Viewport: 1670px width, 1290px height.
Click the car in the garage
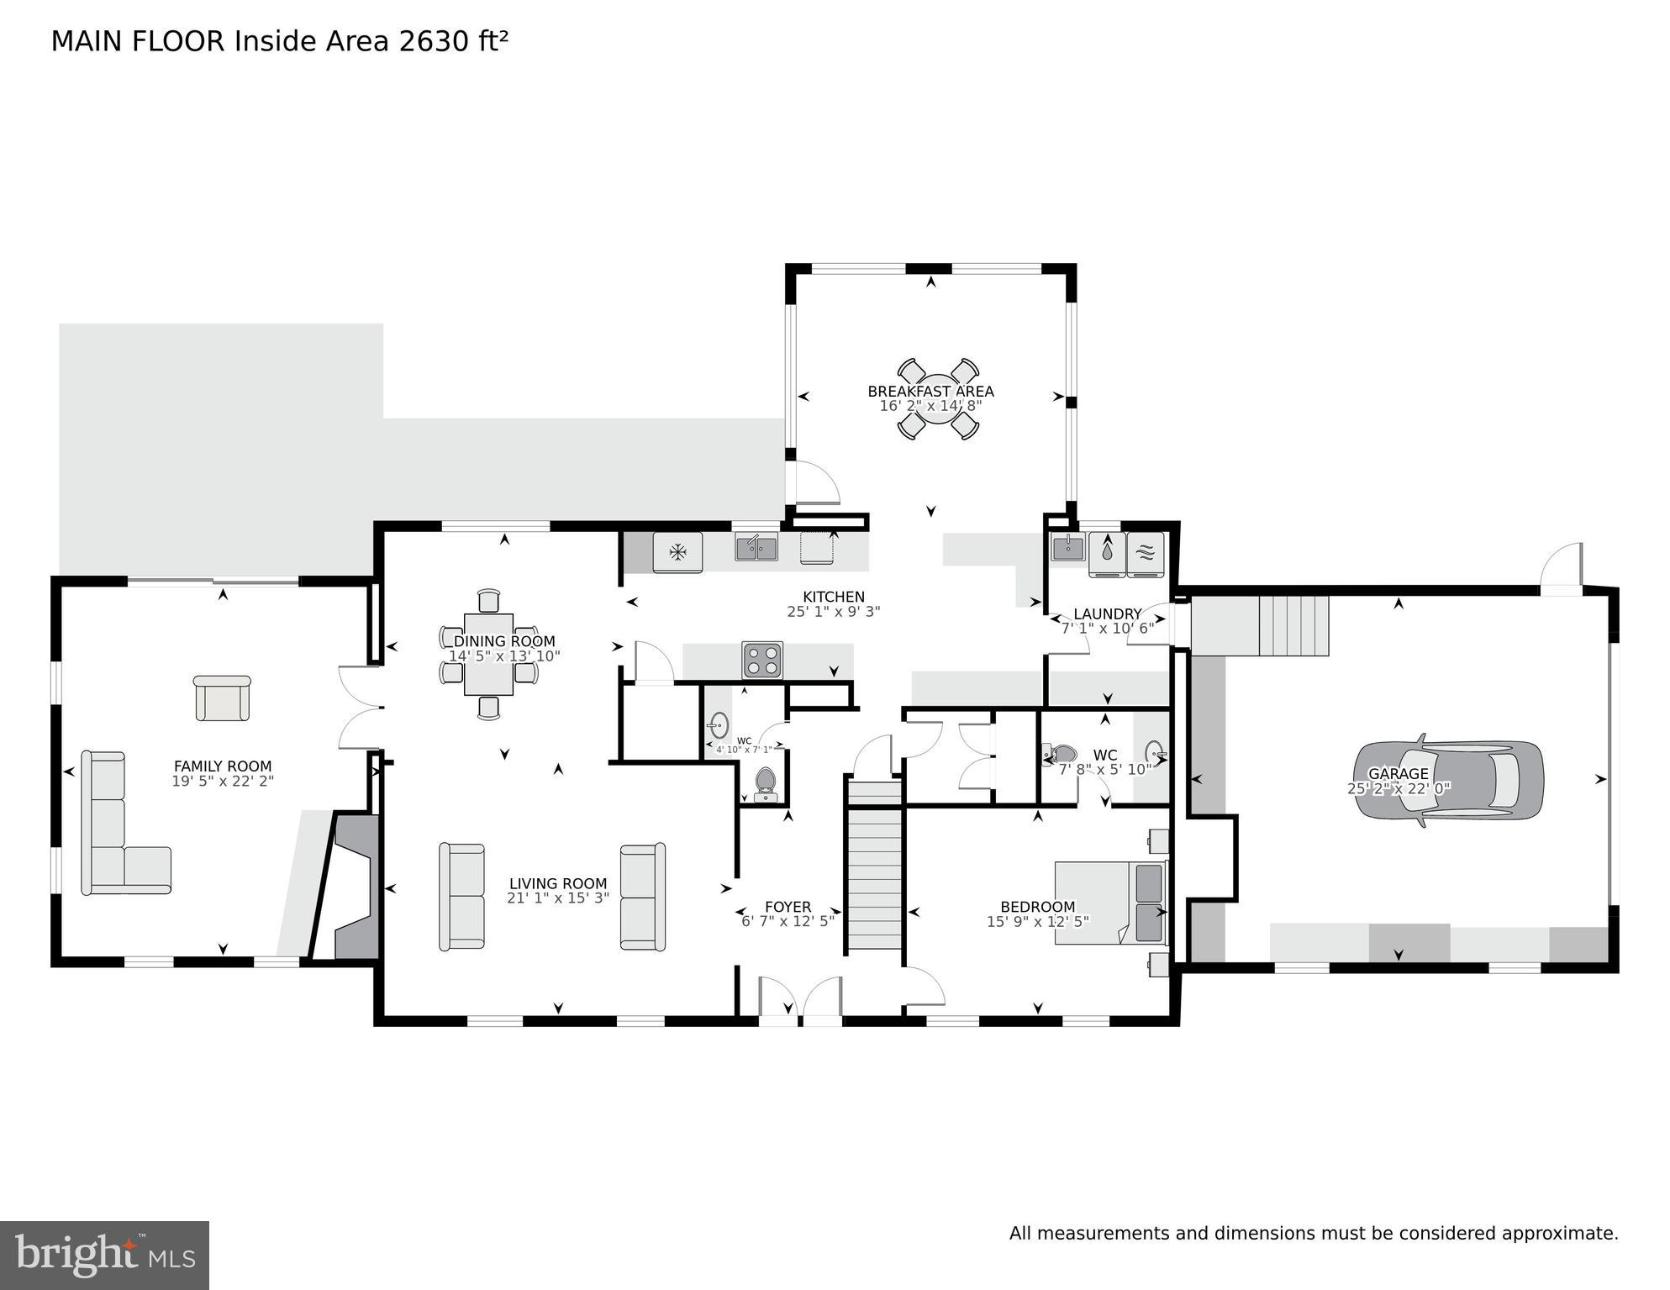tap(1448, 780)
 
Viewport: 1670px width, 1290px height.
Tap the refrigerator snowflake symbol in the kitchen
tap(677, 552)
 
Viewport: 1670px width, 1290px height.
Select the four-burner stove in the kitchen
tap(762, 660)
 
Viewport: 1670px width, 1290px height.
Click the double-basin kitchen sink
tap(756, 548)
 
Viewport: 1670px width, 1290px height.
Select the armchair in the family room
tap(223, 698)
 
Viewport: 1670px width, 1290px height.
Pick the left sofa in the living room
tap(461, 897)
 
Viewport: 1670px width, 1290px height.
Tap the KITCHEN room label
tap(833, 598)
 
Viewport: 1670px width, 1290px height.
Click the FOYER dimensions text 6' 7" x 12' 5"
tap(788, 921)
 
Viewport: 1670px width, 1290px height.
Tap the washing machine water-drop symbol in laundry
tap(1107, 552)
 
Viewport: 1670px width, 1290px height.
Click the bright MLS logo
tap(104, 1255)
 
